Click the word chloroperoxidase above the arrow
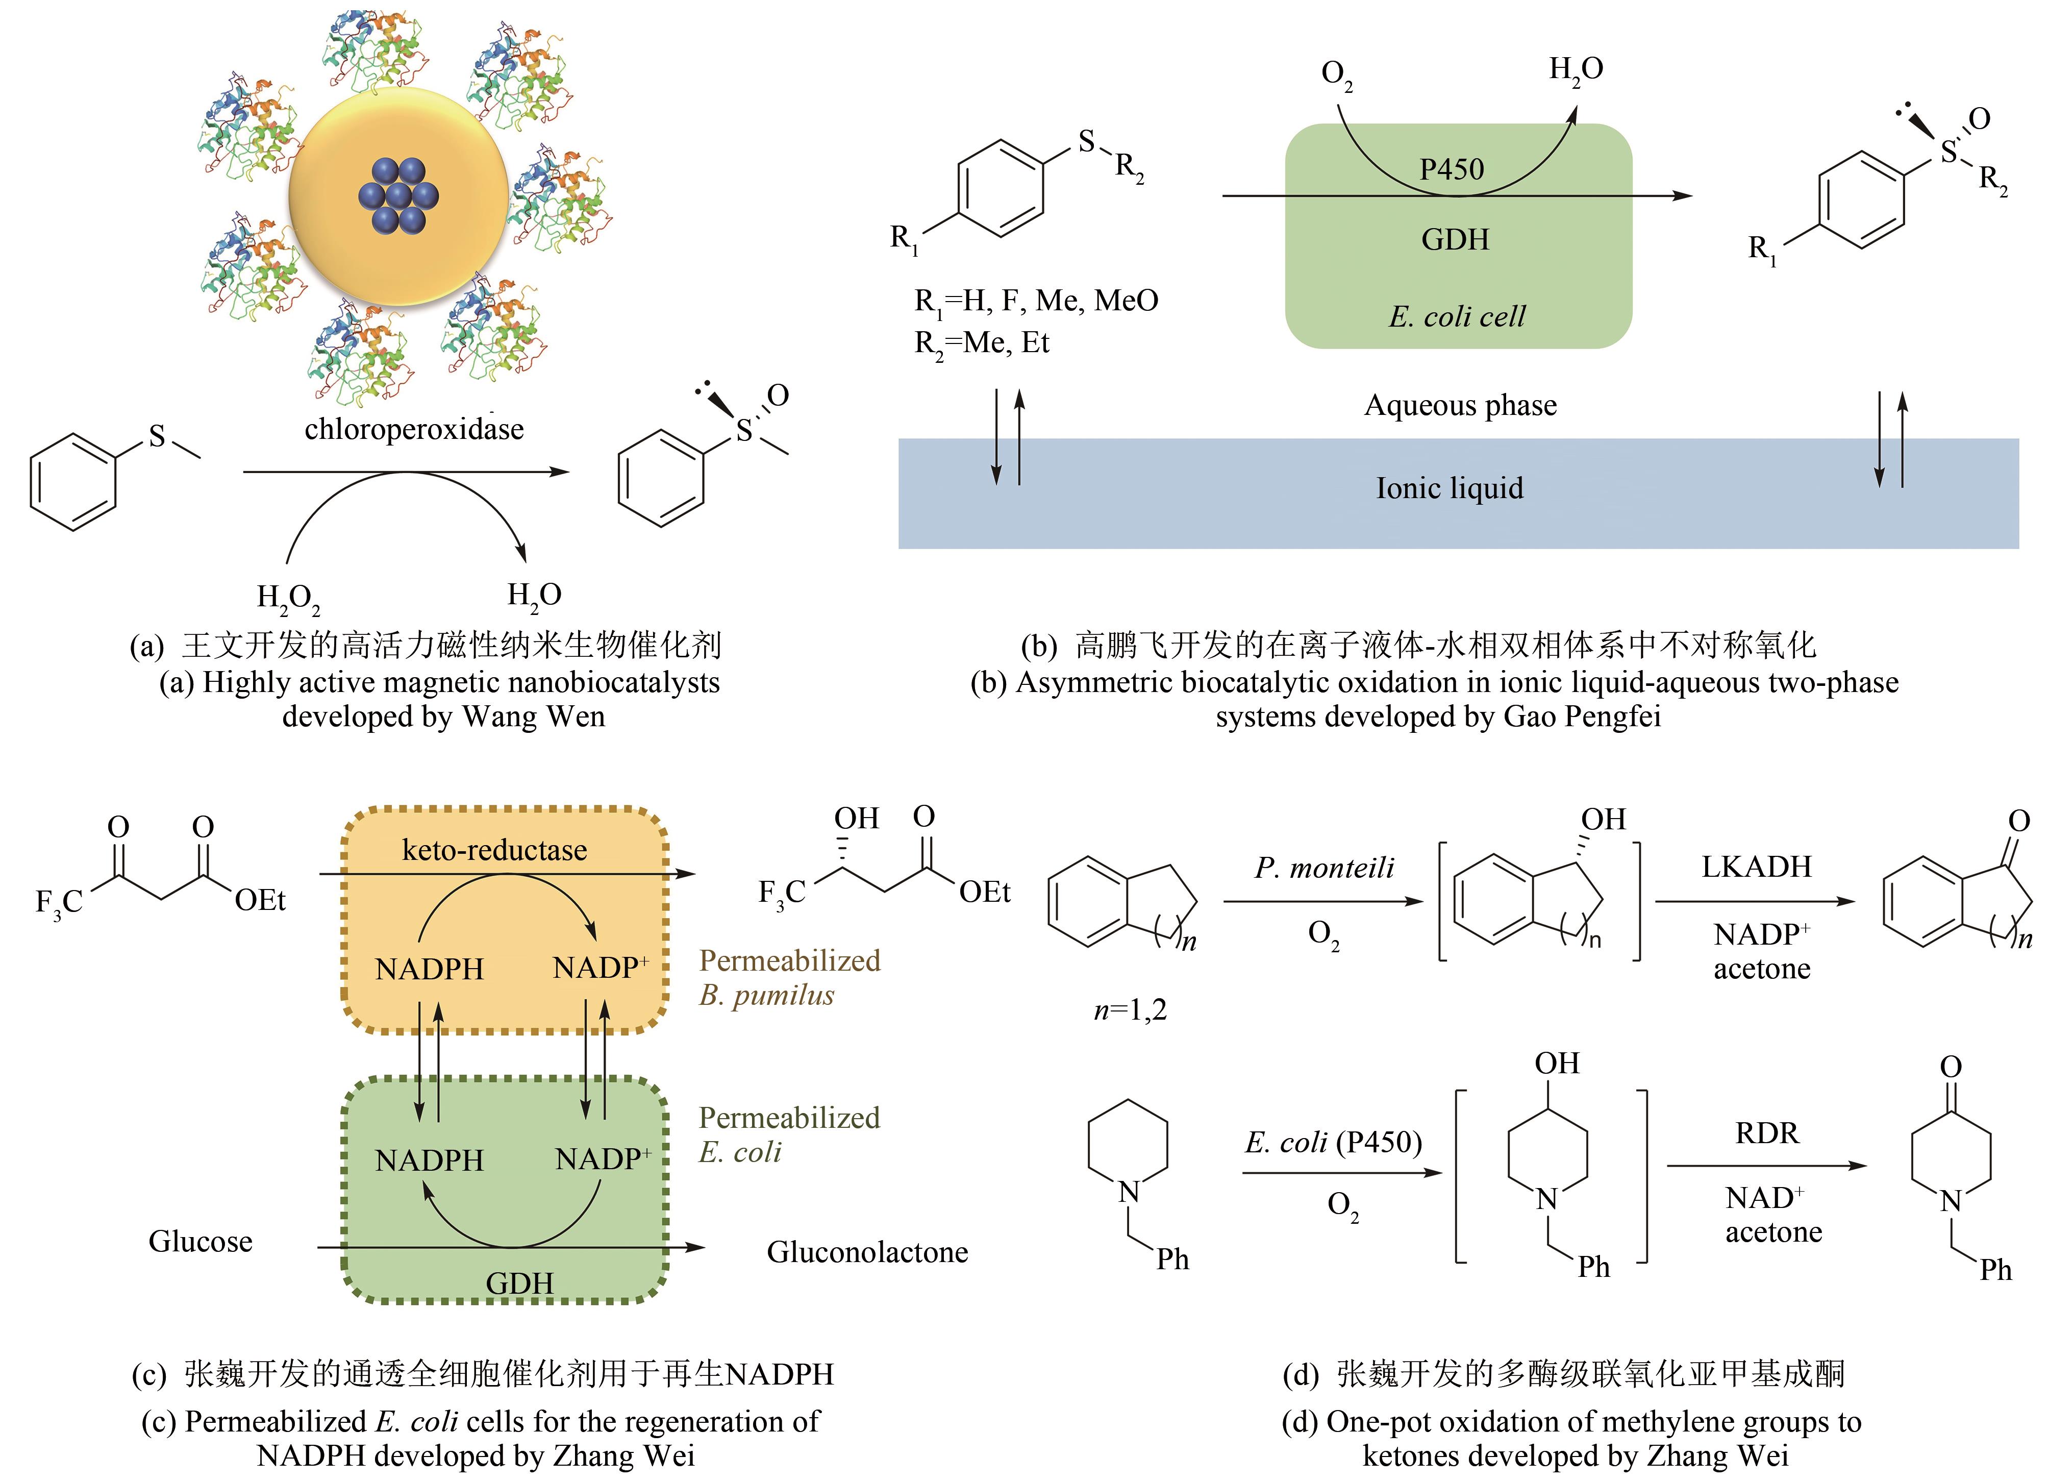point(414,428)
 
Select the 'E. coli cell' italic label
point(1456,316)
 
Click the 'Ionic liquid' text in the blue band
point(1449,488)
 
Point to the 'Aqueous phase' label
point(1460,405)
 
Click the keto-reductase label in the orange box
point(494,849)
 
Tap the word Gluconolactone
point(867,1251)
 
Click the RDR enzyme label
point(1767,1132)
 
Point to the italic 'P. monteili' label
point(1325,868)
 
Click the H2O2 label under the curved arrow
point(288,597)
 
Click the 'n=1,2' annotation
point(1130,1009)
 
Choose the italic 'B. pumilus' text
point(766,995)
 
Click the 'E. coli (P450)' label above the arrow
point(1334,1142)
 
